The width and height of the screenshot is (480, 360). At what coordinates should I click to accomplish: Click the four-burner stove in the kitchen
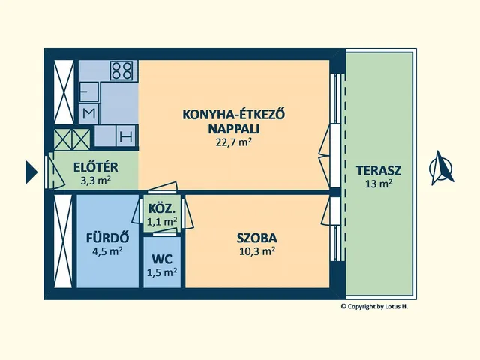[121, 70]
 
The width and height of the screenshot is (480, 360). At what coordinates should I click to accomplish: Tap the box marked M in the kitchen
[89, 114]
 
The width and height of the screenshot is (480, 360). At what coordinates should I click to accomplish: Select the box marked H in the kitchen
[126, 136]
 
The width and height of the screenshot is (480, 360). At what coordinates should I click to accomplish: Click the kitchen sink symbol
[89, 91]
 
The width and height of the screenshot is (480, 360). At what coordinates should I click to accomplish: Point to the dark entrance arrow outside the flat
[31, 172]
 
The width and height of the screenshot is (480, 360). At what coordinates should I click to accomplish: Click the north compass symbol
[441, 168]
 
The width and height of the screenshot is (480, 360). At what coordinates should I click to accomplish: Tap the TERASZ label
[378, 170]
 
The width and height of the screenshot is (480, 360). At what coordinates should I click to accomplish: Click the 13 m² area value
[379, 184]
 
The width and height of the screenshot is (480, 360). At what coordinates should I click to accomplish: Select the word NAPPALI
[234, 129]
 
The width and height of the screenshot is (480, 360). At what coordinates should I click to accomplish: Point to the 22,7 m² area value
[234, 142]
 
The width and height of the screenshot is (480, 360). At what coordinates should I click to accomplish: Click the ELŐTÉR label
[95, 167]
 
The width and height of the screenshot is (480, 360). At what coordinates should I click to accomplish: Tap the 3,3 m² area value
[95, 181]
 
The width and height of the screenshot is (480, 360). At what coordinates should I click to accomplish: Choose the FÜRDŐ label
[107, 238]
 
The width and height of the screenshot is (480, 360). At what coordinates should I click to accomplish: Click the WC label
[162, 259]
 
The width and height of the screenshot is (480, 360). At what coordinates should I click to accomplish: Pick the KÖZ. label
[162, 208]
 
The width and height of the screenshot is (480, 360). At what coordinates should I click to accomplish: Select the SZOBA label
[257, 238]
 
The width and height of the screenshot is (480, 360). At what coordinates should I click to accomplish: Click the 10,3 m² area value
[257, 251]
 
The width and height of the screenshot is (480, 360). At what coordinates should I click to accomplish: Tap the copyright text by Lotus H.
[374, 306]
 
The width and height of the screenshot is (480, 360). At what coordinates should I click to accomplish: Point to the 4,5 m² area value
[107, 251]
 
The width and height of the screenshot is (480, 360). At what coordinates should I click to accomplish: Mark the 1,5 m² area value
[162, 272]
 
